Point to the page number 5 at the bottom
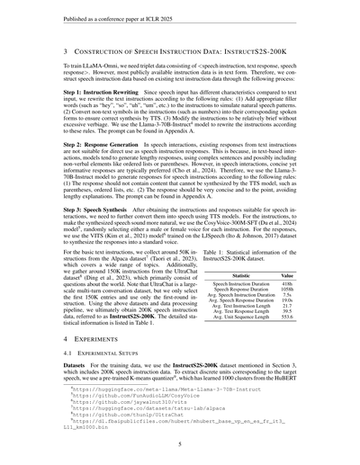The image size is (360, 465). pyautogui.click(x=180, y=444)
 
